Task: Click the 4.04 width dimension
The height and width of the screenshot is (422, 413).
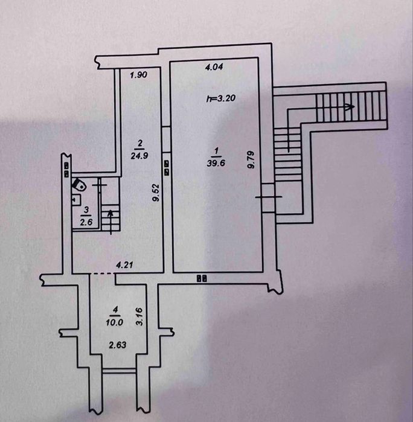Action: pyautogui.click(x=214, y=67)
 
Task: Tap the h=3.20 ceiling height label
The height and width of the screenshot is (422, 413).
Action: pyautogui.click(x=221, y=98)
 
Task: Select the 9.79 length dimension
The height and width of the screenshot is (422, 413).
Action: pyautogui.click(x=251, y=159)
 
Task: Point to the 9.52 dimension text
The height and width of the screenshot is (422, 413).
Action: pyautogui.click(x=156, y=193)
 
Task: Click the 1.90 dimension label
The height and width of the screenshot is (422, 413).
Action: pyautogui.click(x=139, y=75)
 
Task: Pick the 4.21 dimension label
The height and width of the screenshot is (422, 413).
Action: pyautogui.click(x=124, y=265)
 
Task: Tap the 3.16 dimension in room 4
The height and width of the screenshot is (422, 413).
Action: pyautogui.click(x=139, y=316)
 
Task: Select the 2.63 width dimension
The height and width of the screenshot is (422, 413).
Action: pyautogui.click(x=118, y=345)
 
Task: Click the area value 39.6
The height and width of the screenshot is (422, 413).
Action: pyautogui.click(x=216, y=163)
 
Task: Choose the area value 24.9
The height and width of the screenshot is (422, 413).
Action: pyautogui.click(x=139, y=156)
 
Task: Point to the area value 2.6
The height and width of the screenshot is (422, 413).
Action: pyautogui.click(x=86, y=222)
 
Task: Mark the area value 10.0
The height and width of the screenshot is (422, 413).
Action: pyautogui.click(x=115, y=322)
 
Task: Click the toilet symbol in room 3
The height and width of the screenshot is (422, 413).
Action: pyautogui.click(x=79, y=185)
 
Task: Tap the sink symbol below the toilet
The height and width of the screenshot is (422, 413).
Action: pyautogui.click(x=77, y=200)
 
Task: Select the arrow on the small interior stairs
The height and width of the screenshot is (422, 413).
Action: pyautogui.click(x=110, y=222)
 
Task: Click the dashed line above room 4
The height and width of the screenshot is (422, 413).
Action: pyautogui.click(x=103, y=273)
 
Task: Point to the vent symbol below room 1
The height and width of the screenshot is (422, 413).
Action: pyautogui.click(x=202, y=278)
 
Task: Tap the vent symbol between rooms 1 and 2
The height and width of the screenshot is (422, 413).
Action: pyautogui.click(x=167, y=168)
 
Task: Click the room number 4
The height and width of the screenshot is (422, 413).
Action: pyautogui.click(x=115, y=310)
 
